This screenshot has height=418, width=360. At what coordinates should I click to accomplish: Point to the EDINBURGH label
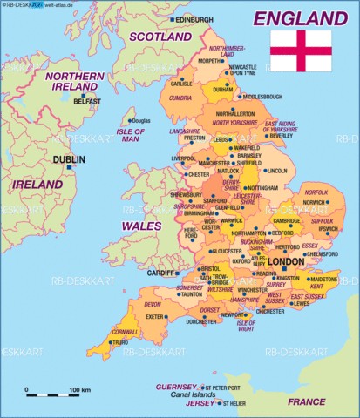[194, 19]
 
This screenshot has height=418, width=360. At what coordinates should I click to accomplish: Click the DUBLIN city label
[68, 161]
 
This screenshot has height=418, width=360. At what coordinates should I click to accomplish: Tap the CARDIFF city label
[161, 273]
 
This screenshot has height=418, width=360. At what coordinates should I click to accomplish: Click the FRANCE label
[306, 401]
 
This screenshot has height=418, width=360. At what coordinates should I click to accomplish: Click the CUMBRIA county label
[181, 98]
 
